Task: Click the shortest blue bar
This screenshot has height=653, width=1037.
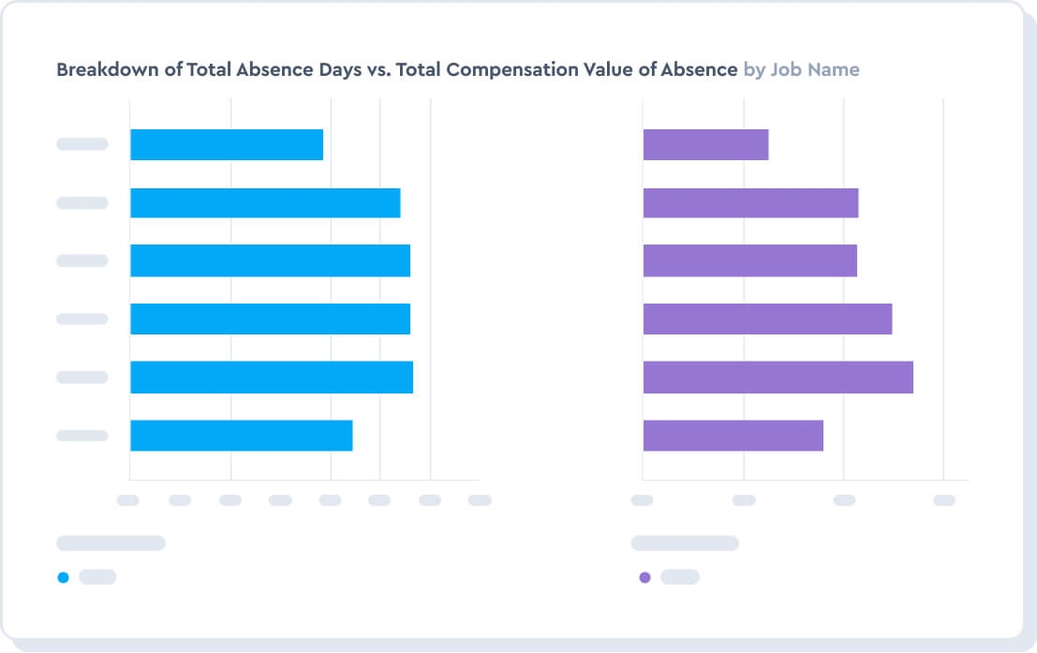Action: tap(227, 144)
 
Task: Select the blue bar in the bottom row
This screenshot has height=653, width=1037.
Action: tap(241, 436)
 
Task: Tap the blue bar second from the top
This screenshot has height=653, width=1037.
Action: tap(265, 203)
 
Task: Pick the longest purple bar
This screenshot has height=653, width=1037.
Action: tap(778, 378)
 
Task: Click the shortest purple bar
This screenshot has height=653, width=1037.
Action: tap(705, 144)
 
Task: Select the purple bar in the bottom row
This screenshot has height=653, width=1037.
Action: tap(733, 436)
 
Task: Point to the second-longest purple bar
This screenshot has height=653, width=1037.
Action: tap(767, 319)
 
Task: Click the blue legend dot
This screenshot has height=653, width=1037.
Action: tap(64, 577)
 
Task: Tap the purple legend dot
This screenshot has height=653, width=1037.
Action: tap(644, 577)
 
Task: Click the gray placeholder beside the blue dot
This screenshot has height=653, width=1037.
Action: tap(97, 577)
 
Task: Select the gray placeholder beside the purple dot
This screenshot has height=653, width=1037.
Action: tap(680, 577)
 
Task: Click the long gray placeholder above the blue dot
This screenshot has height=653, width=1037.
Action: tap(111, 543)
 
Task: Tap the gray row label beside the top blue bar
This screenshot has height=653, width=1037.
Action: tap(82, 144)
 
